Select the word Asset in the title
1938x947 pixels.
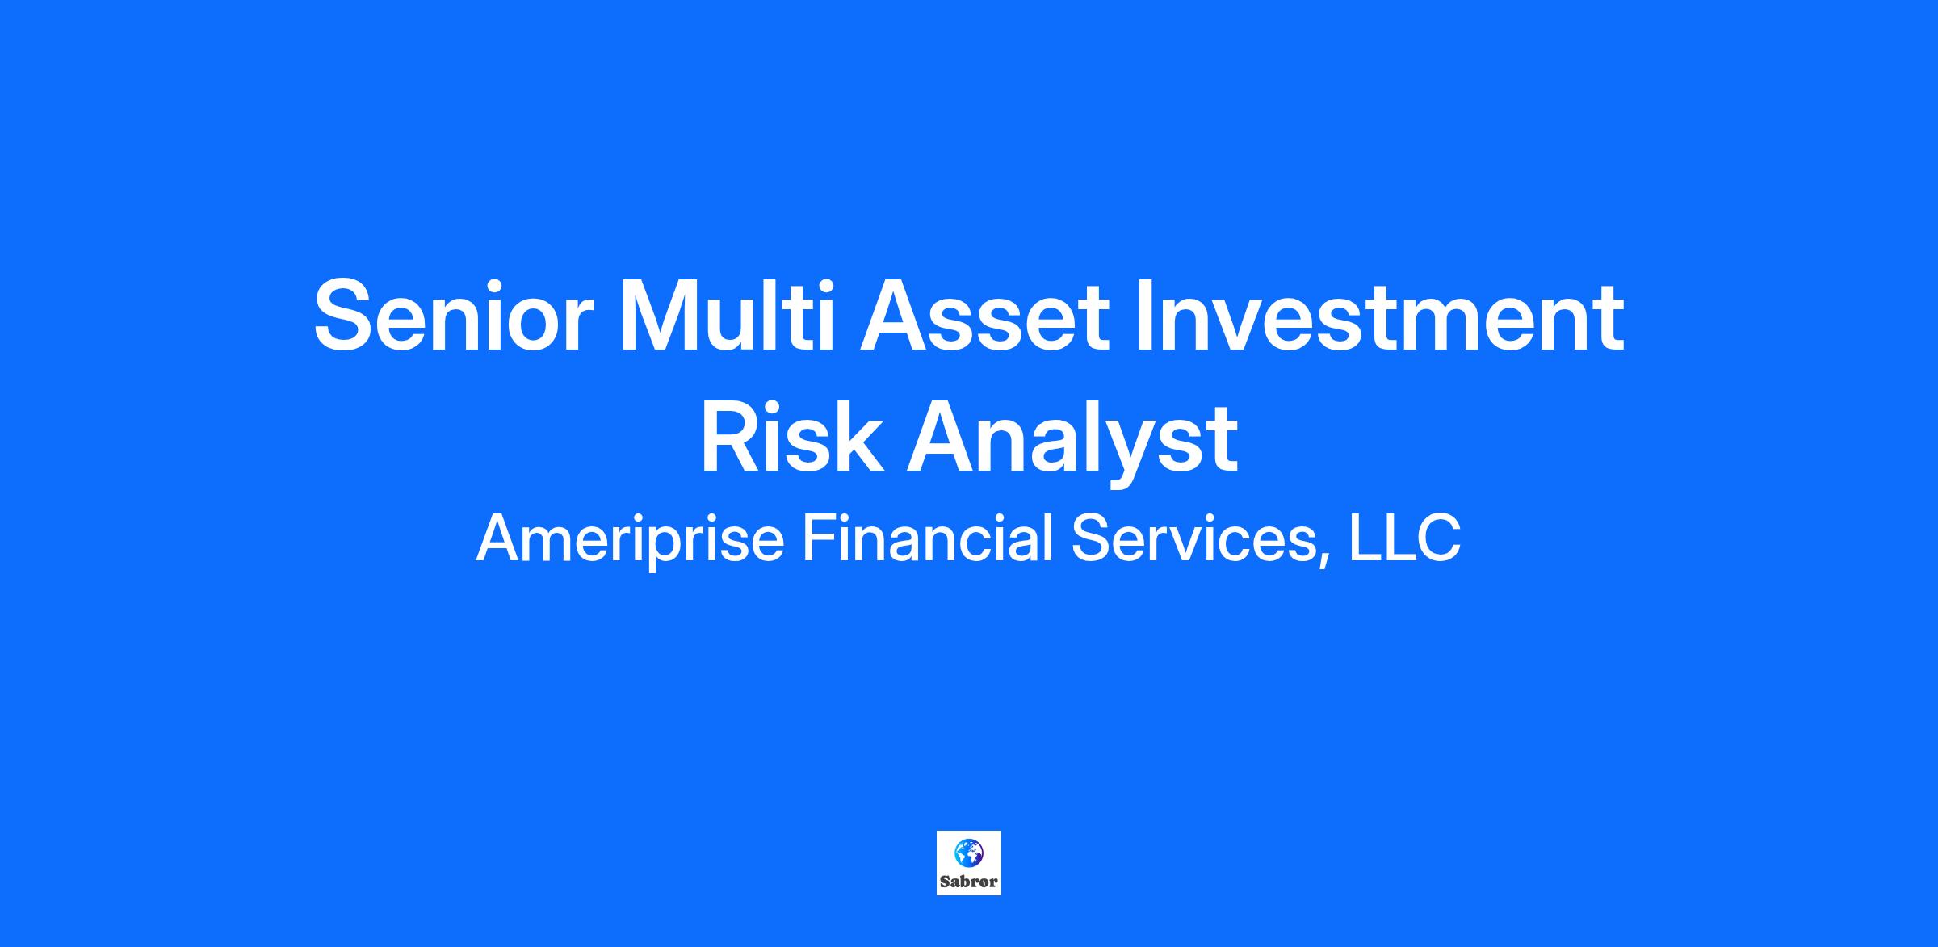click(x=984, y=316)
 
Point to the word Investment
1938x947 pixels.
click(x=1380, y=316)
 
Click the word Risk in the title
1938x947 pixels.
click(x=791, y=438)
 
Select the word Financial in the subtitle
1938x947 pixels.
click(x=928, y=538)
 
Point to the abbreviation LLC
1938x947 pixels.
click(x=1404, y=538)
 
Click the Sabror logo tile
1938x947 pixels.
click(x=969, y=863)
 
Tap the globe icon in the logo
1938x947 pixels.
click(x=968, y=853)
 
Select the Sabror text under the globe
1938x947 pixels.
click(x=969, y=882)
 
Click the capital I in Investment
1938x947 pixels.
click(x=1143, y=316)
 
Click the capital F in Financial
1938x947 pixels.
click(x=819, y=538)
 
